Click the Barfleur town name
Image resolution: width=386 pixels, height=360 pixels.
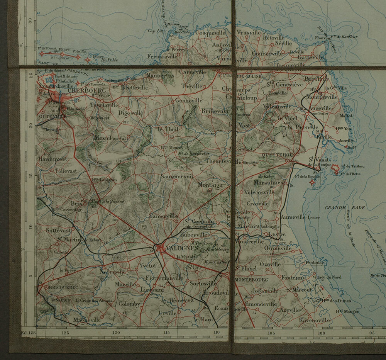tap(316, 79)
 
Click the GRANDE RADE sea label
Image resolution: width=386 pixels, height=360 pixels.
tap(337, 208)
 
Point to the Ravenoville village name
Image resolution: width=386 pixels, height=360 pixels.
tap(315, 321)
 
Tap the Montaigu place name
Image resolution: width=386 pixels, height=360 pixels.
tap(210, 185)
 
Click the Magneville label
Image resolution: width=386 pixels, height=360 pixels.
tap(88, 320)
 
